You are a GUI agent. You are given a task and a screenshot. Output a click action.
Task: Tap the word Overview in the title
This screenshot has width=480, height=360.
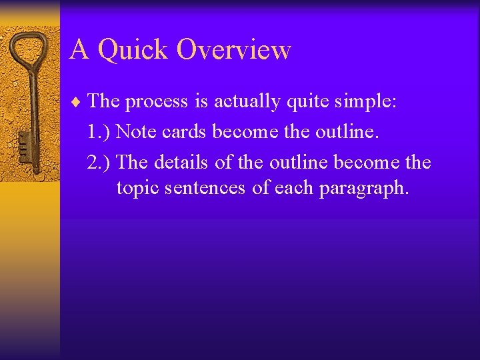(x=234, y=50)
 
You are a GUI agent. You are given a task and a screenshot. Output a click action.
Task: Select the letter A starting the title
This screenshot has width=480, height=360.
(x=79, y=49)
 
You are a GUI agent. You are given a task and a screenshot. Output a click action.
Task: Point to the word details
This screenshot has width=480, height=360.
(x=185, y=163)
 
